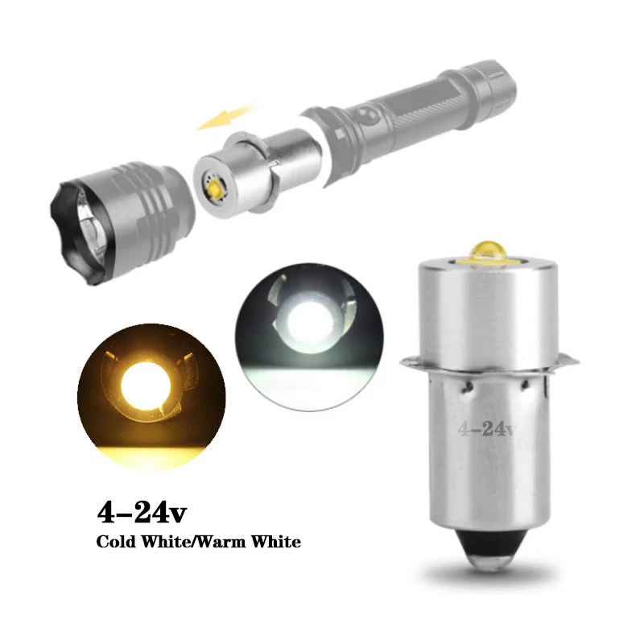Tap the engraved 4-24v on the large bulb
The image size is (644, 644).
coord(487,428)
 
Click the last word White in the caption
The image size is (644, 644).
coord(276,542)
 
